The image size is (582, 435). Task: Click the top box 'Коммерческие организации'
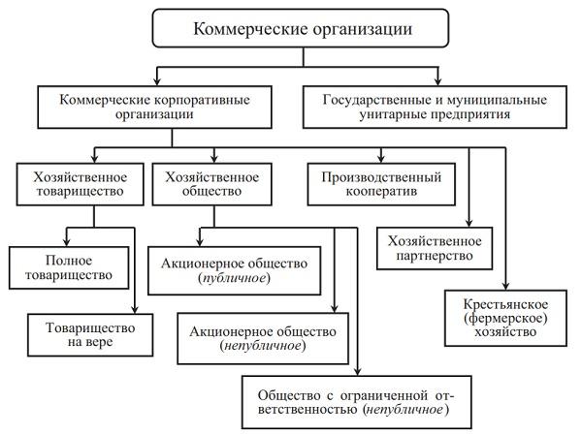(290, 29)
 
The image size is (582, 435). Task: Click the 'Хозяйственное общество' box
(211, 184)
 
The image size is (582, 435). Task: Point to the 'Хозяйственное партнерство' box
(434, 247)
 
